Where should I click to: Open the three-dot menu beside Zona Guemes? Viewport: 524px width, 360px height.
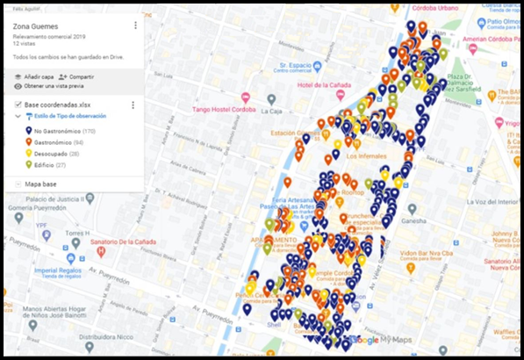pyautogui.click(x=135, y=25)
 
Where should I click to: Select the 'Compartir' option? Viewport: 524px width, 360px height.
pyautogui.click(x=80, y=76)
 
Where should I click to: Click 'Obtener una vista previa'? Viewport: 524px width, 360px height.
pyautogui.click(x=52, y=86)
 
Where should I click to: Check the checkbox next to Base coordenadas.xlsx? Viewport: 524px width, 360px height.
pyautogui.click(x=18, y=105)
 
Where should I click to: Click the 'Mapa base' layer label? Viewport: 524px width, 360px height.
pyautogui.click(x=43, y=184)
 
